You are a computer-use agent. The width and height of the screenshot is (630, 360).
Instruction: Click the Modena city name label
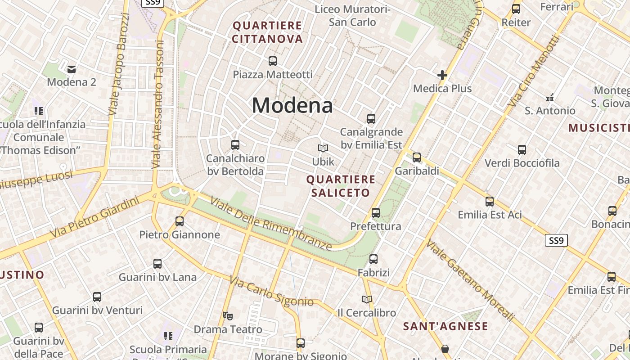click(292, 105)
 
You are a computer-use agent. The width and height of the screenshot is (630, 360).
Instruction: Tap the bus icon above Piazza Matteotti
click(272, 61)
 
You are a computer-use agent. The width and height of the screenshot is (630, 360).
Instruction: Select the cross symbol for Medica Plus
click(442, 75)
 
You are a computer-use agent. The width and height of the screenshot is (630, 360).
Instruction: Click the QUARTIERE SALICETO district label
click(341, 186)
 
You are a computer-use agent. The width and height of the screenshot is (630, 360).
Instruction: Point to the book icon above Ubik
click(323, 148)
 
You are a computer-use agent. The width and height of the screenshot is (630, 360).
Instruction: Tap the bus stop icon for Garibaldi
click(417, 157)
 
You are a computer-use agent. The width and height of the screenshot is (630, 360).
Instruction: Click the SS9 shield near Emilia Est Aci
click(556, 240)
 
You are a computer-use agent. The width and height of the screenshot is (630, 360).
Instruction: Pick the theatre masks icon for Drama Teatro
click(228, 315)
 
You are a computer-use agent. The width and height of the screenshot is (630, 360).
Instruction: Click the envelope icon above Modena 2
click(71, 69)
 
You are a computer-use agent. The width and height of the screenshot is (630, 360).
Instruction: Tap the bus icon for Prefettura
click(376, 212)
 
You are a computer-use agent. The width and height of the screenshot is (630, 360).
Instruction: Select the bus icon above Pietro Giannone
click(180, 221)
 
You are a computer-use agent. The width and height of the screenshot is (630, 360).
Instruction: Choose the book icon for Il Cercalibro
click(367, 299)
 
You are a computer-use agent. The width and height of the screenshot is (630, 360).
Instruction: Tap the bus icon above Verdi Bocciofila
click(522, 149)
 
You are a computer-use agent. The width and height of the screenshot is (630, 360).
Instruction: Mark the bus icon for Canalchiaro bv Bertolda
click(235, 144)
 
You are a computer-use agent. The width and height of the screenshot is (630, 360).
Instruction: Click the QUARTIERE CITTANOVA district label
click(268, 32)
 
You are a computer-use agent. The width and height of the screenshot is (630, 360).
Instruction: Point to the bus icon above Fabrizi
click(373, 259)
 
